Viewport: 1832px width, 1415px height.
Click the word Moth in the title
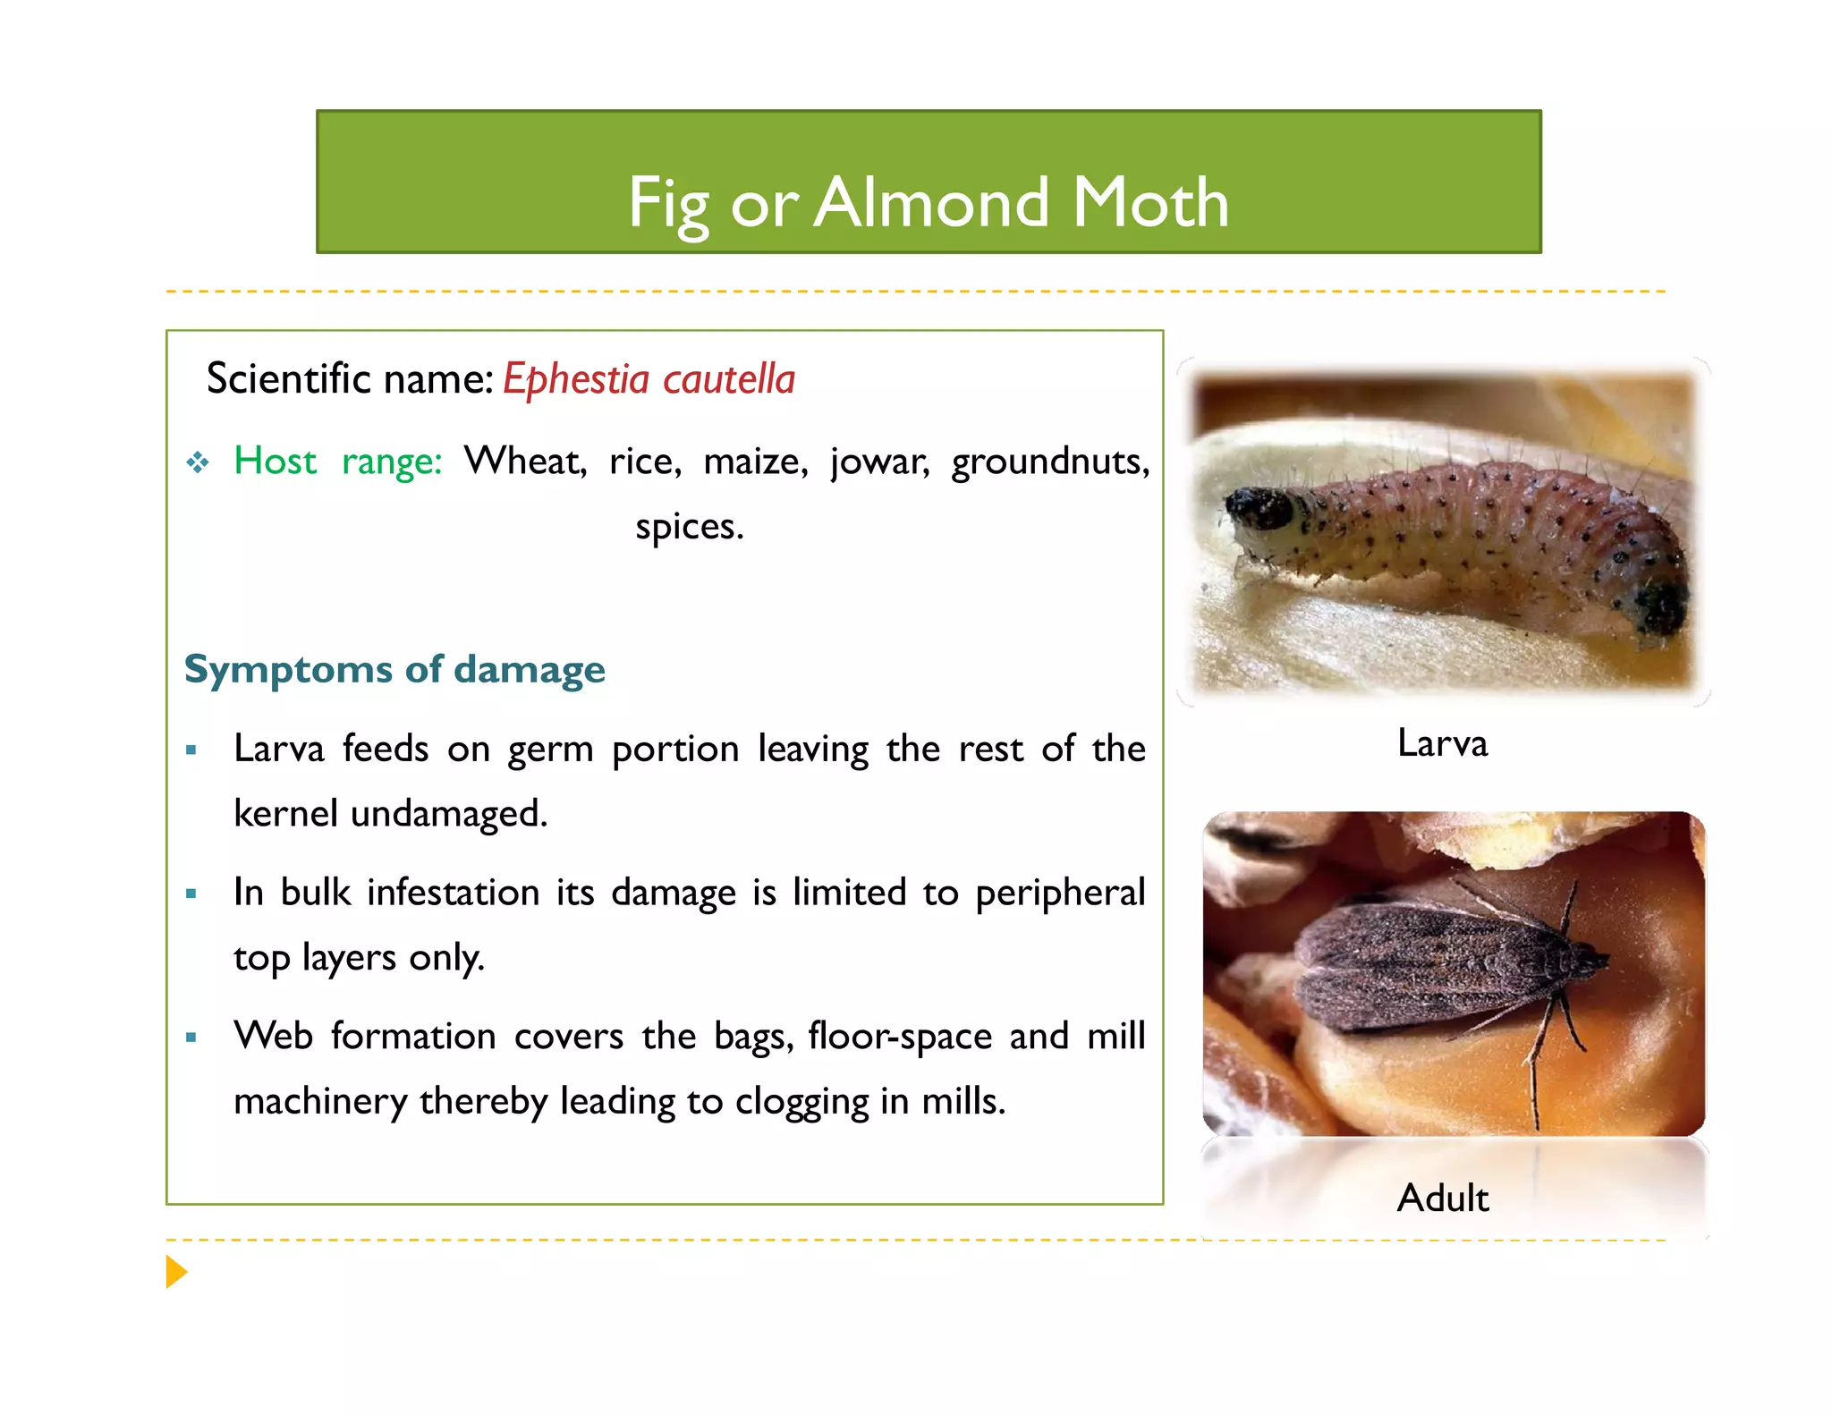click(1150, 203)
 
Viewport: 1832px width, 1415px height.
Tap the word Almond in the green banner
click(931, 203)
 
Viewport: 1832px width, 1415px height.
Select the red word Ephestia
click(575, 379)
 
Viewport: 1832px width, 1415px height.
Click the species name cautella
click(728, 379)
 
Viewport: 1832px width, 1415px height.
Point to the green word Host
click(275, 462)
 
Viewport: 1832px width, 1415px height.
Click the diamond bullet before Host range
click(198, 462)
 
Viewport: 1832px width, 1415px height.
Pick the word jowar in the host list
click(879, 462)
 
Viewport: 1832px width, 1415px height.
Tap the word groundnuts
click(1049, 462)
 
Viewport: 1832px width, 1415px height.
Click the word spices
click(689, 527)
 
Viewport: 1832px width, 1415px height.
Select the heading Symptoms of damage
click(394, 669)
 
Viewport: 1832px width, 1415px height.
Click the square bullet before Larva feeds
click(191, 750)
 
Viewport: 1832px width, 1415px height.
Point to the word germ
click(550, 750)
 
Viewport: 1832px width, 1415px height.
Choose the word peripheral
click(1059, 894)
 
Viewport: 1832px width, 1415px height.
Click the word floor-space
click(900, 1037)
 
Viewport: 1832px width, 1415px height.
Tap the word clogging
click(801, 1102)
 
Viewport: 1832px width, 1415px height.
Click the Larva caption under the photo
click(1442, 743)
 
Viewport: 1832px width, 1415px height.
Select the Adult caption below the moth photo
click(1443, 1198)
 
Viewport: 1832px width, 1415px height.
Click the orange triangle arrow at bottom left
click(175, 1272)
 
